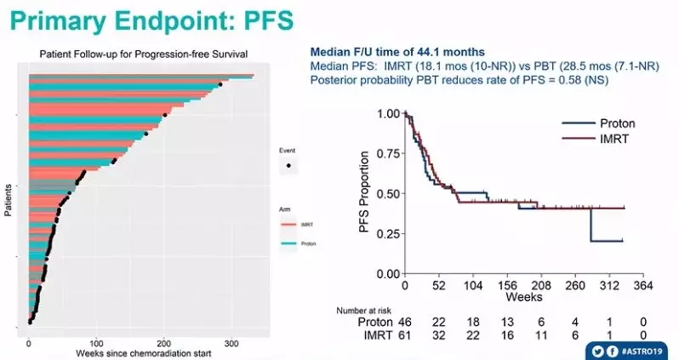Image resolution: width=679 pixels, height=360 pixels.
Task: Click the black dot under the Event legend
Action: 288,164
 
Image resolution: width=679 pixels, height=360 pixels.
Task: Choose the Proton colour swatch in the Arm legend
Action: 288,244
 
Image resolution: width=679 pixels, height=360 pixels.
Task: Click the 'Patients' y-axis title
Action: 8,198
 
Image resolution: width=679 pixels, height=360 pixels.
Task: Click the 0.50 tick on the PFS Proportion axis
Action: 388,193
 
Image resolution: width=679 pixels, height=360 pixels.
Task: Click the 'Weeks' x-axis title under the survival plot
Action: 524,299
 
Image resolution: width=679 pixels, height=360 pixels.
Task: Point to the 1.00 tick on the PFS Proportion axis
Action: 388,113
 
